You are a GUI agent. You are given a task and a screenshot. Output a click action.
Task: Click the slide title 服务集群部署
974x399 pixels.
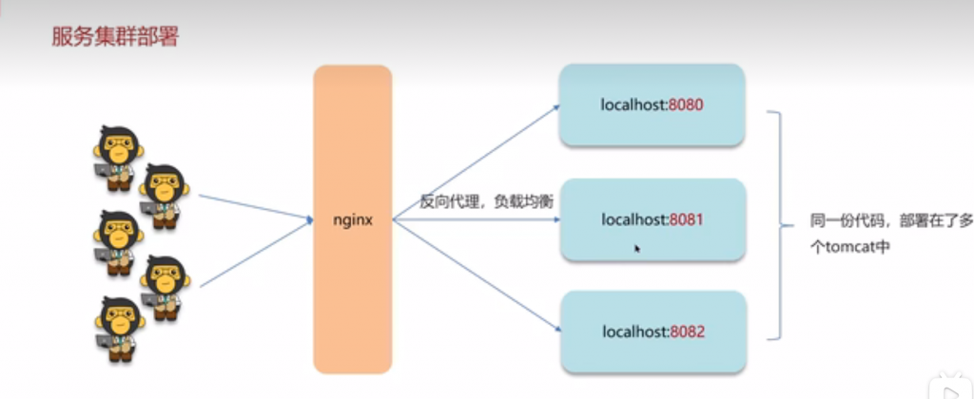click(x=114, y=39)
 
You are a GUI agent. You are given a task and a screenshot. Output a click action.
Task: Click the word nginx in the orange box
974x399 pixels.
click(x=353, y=220)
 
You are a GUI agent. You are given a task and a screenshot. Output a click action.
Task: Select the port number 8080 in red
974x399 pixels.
click(x=686, y=104)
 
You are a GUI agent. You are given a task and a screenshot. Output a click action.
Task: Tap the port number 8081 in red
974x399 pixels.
click(x=686, y=219)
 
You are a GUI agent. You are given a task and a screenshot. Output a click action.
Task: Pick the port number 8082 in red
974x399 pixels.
click(x=686, y=332)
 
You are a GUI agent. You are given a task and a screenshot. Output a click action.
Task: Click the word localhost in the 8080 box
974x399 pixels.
click(x=633, y=104)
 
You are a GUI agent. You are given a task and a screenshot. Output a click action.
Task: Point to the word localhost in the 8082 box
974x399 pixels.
click(x=633, y=332)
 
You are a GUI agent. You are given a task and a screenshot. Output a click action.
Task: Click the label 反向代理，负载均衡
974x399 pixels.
click(x=487, y=201)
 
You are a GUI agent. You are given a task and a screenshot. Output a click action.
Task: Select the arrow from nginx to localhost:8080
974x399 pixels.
click(x=476, y=163)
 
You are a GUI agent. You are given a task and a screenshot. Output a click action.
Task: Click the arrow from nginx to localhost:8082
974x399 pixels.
click(x=476, y=276)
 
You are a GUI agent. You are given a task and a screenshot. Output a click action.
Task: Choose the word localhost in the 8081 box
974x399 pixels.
click(x=633, y=219)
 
